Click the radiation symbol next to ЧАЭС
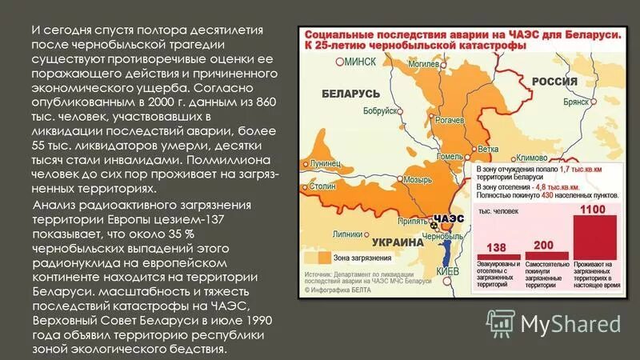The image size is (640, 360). coord(435,227)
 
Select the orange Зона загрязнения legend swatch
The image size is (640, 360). coord(323,258)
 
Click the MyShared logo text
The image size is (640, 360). coord(570,323)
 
